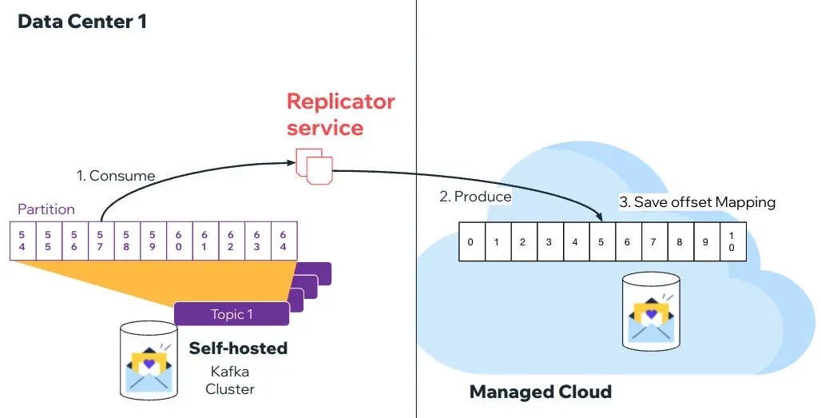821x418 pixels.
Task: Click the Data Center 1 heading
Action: point(82,22)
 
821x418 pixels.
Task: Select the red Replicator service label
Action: point(340,114)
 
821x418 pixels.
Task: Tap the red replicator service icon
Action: point(314,164)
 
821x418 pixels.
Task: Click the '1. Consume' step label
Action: point(116,175)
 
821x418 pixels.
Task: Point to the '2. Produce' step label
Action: point(475,196)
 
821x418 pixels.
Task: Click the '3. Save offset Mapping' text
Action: point(697,202)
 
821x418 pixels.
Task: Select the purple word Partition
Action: point(46,209)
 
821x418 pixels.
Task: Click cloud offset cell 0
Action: point(471,242)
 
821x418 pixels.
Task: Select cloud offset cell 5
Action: point(601,242)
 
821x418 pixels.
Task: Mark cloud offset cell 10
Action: point(732,242)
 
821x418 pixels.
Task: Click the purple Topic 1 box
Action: point(232,314)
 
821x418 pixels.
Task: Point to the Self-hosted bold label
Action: point(238,348)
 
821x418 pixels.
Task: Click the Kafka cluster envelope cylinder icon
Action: point(149,360)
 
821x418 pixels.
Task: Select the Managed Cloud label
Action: point(540,392)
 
